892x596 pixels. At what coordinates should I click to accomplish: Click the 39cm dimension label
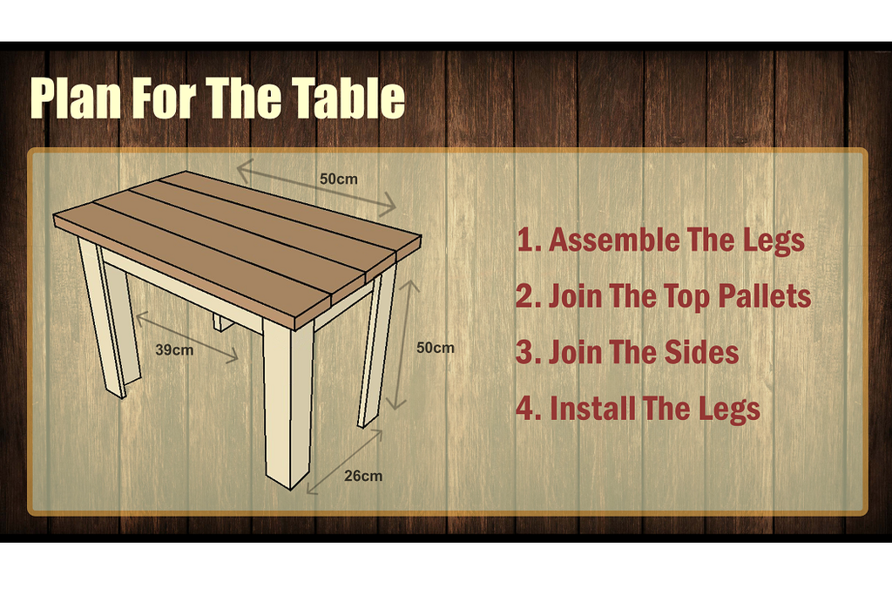coord(174,350)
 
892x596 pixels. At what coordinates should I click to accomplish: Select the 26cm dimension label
coord(363,476)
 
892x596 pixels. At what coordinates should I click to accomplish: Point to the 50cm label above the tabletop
coord(339,179)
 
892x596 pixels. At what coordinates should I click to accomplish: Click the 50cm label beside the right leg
coord(436,348)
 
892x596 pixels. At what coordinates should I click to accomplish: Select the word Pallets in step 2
coord(764,296)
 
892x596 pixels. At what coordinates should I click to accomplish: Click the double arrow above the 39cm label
coord(187,337)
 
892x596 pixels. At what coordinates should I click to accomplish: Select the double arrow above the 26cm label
coord(344,462)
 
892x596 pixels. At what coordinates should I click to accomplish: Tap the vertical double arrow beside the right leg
coord(402,344)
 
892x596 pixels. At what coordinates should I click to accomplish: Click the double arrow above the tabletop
coord(316,188)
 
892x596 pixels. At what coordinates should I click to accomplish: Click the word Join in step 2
coord(575,296)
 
